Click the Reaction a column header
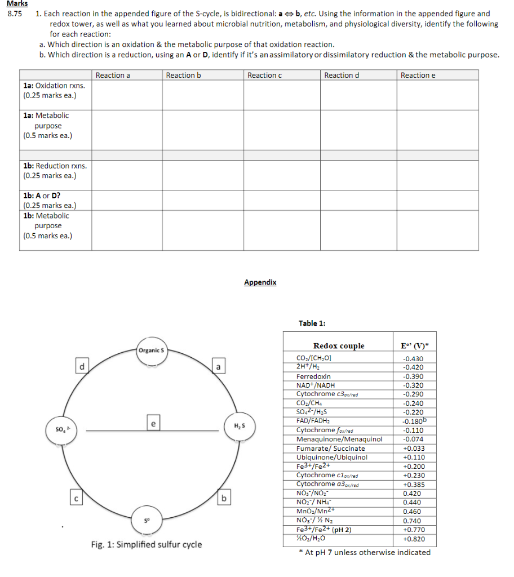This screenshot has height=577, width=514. click(x=113, y=76)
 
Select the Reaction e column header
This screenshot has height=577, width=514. click(x=418, y=76)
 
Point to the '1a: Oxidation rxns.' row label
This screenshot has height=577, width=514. click(x=55, y=85)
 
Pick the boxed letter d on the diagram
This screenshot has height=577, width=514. click(x=82, y=367)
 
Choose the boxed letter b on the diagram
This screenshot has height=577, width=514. click(x=224, y=498)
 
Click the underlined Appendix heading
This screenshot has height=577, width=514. click(x=260, y=282)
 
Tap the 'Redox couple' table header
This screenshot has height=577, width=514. click(x=339, y=346)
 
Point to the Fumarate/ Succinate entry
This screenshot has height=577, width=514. click(x=330, y=449)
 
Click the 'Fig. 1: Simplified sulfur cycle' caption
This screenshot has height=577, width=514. click(x=146, y=544)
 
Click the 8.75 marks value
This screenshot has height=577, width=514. click(x=14, y=14)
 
